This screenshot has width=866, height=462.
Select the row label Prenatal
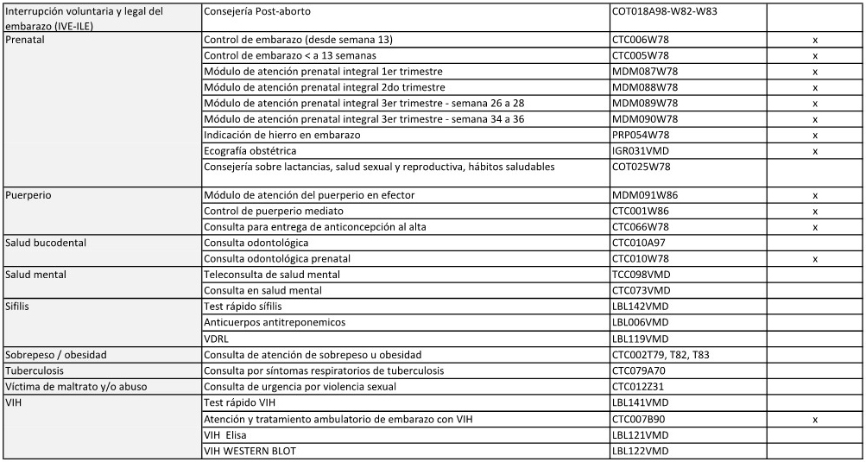click(x=27, y=40)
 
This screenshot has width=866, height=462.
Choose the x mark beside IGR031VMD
click(x=815, y=150)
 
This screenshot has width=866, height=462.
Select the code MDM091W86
click(x=645, y=195)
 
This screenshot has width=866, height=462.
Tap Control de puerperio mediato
click(x=274, y=211)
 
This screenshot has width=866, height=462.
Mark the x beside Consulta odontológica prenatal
click(x=815, y=258)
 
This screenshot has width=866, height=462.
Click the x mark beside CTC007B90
click(x=815, y=418)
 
